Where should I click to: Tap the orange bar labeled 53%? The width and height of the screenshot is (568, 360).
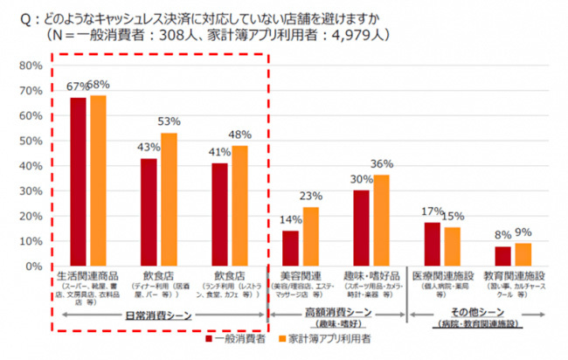point(169,199)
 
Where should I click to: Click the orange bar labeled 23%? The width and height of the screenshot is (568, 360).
point(311,236)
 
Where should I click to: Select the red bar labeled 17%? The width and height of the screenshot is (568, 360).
point(432,244)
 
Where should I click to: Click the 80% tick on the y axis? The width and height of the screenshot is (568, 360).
point(31,66)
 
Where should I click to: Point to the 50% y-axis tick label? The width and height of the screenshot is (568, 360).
point(31,141)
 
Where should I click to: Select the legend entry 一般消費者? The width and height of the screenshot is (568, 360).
point(239,338)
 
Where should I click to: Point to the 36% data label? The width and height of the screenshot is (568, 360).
point(382,163)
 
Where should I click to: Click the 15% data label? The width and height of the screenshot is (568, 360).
point(454,216)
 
